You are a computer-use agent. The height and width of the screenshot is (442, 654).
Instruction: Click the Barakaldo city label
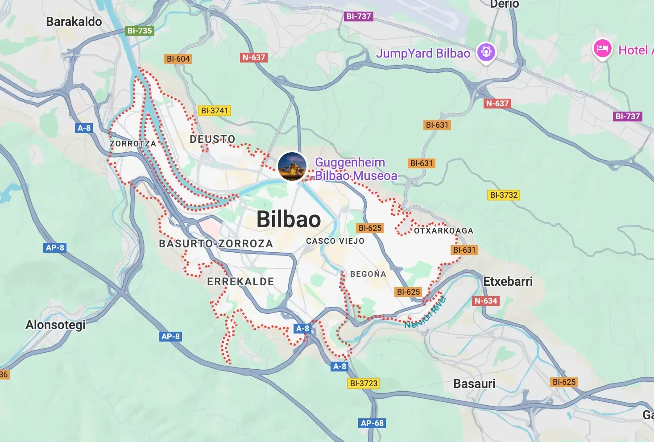click(74, 21)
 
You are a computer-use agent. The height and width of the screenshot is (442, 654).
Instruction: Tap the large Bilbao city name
click(289, 219)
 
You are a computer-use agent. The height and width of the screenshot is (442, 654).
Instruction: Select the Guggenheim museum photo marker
click(292, 166)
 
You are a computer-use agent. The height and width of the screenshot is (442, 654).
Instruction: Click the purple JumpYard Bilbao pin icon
click(486, 52)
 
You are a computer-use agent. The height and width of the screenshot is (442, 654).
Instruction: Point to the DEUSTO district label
click(212, 139)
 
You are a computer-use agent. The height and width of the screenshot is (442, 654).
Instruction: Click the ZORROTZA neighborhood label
click(133, 144)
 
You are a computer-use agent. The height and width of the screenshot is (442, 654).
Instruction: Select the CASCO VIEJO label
click(335, 241)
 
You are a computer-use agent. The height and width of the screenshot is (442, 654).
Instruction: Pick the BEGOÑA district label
click(368, 274)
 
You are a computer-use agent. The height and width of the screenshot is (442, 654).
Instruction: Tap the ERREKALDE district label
click(240, 282)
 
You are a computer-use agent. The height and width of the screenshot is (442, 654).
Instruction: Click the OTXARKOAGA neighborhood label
click(443, 231)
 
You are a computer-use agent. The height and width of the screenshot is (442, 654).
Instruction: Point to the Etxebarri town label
click(508, 282)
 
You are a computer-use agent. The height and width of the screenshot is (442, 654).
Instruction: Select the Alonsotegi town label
click(55, 325)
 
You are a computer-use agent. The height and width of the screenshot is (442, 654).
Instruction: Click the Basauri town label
click(474, 384)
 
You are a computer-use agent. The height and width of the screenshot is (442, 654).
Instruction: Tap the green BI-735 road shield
click(140, 31)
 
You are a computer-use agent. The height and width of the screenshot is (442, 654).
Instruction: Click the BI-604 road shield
click(178, 59)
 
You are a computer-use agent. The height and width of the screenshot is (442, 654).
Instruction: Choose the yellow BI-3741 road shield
click(215, 111)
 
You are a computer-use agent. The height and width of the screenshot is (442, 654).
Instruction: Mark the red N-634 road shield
click(485, 301)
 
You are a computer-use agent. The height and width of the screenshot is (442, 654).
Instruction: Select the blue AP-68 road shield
click(372, 423)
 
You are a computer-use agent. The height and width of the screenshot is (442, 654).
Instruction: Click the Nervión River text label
click(426, 312)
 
